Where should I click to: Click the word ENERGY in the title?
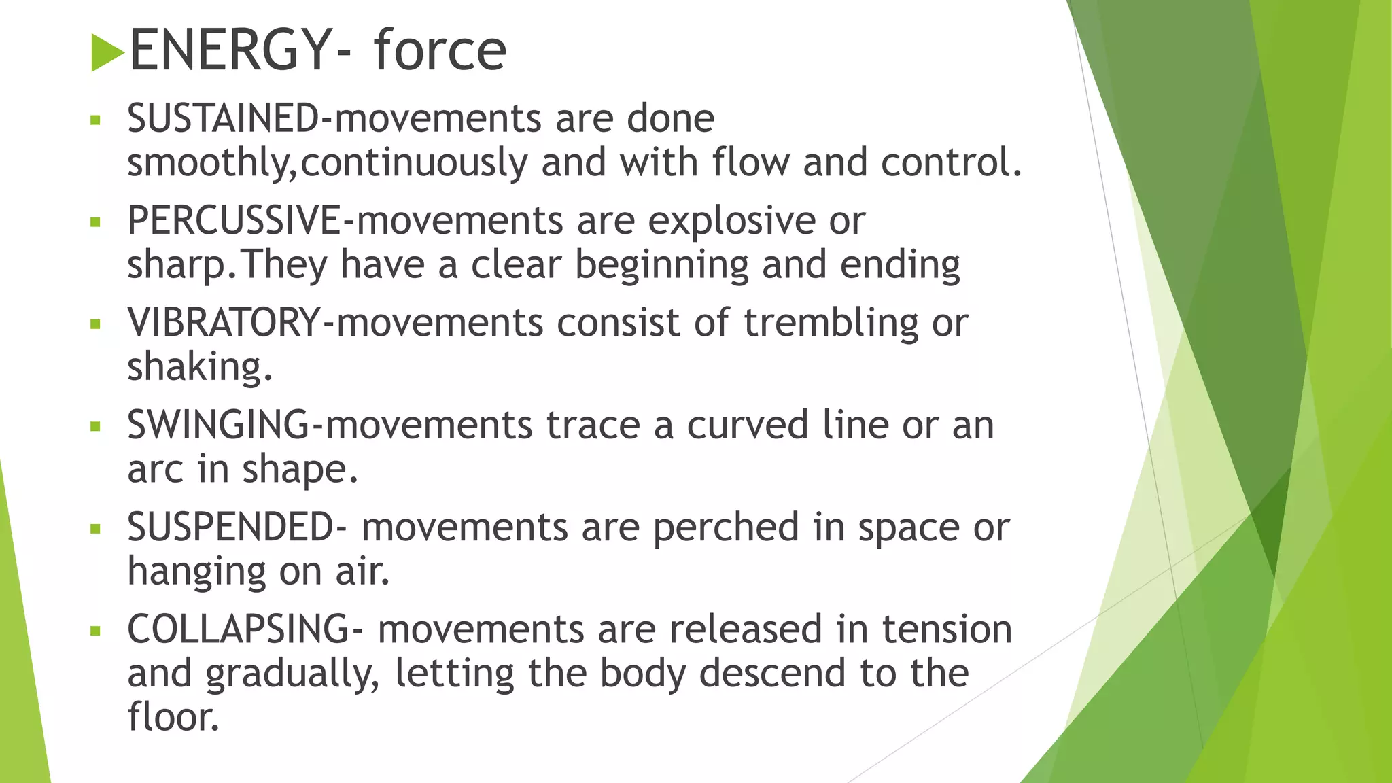tap(230, 50)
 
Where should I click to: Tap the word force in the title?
tap(440, 50)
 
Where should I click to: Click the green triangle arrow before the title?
tap(107, 52)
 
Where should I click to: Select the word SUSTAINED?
tap(223, 118)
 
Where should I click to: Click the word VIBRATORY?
tap(224, 322)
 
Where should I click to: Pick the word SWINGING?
tap(218, 425)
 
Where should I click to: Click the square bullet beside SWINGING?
tap(95, 427)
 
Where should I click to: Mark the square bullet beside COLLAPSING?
tap(95, 631)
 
